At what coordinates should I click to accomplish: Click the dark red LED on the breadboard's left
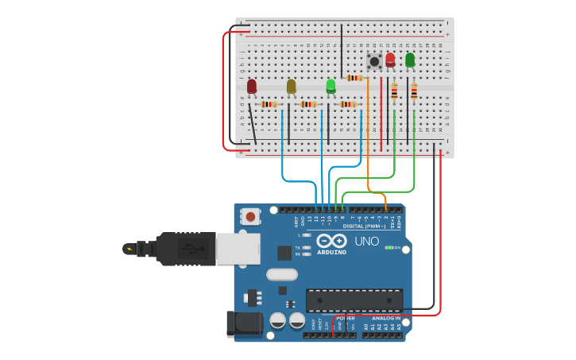click(x=252, y=86)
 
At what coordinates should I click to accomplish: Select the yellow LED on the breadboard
click(x=292, y=86)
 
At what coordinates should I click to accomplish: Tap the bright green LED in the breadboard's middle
click(x=331, y=85)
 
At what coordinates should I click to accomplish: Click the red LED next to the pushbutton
click(x=390, y=60)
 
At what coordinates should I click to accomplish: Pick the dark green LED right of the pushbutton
click(x=410, y=60)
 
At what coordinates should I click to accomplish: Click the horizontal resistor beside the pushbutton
click(x=354, y=78)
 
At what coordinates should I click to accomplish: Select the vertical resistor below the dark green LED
click(x=414, y=93)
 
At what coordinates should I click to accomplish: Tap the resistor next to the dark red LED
click(x=269, y=104)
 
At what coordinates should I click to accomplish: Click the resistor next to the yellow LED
click(x=308, y=104)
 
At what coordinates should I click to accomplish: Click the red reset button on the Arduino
click(x=251, y=216)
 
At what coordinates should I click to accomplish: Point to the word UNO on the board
click(x=366, y=242)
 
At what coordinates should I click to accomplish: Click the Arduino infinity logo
click(x=331, y=240)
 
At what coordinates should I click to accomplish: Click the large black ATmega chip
click(x=354, y=300)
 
